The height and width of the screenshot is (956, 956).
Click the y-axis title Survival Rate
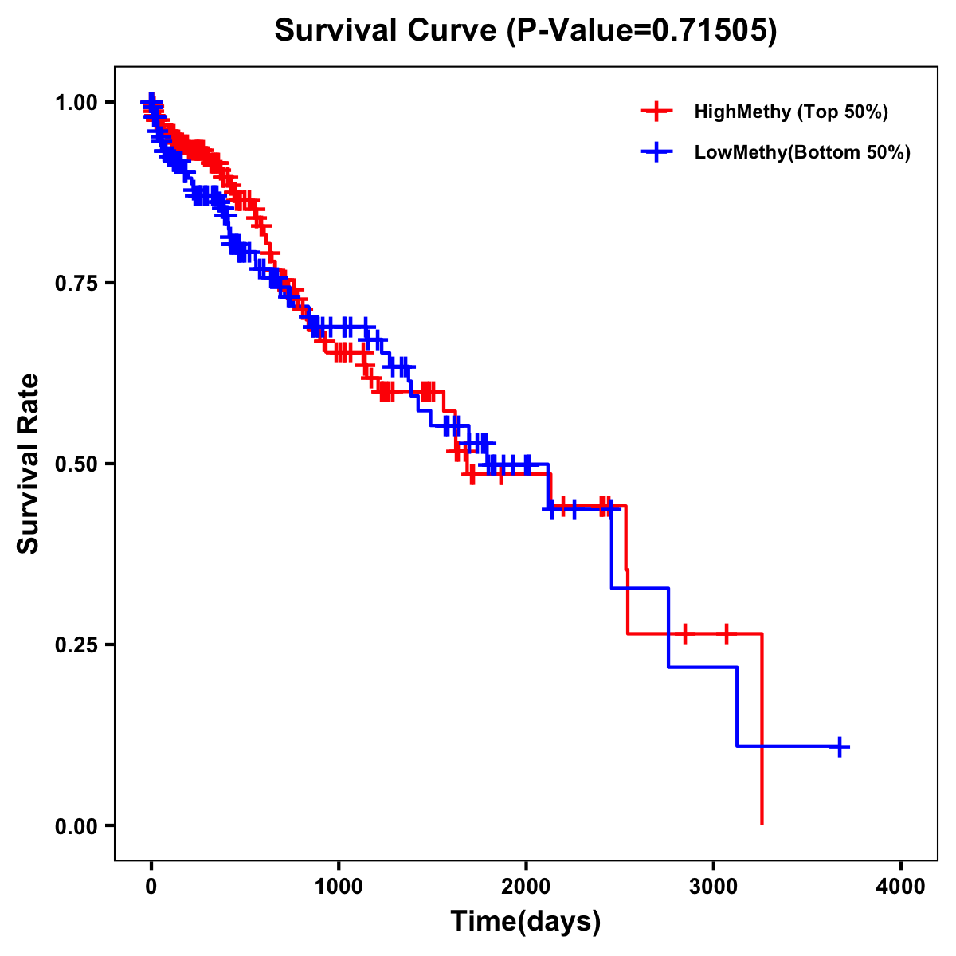[29, 464]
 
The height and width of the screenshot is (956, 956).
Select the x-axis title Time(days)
[526, 922]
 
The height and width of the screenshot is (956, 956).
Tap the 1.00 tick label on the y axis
[76, 103]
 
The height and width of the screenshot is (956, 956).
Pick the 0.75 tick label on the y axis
[76, 284]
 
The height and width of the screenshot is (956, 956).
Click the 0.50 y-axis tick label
[76, 464]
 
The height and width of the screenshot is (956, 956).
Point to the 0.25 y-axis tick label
[76, 645]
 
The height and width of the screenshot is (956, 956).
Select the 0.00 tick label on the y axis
[76, 825]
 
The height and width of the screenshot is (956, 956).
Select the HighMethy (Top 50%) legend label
[790, 112]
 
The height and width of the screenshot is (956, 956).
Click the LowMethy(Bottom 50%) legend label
[802, 152]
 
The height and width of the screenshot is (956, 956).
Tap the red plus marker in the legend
[656, 112]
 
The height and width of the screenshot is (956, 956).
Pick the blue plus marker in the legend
[656, 152]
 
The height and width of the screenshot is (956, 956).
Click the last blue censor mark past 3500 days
[840, 746]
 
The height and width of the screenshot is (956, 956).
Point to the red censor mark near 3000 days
[726, 634]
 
